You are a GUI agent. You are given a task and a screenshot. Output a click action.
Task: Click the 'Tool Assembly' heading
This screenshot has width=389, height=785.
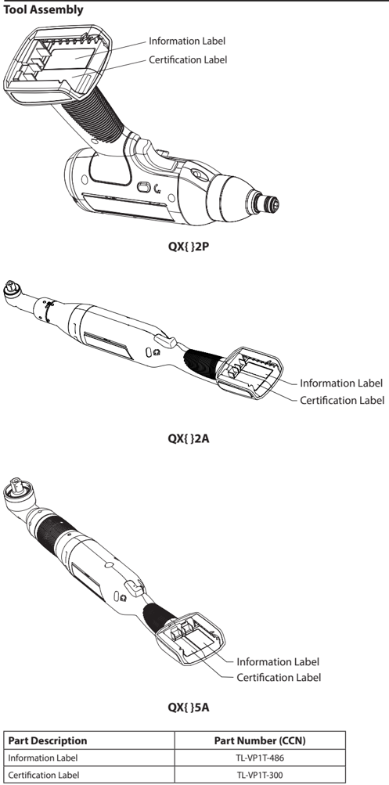[x=43, y=10]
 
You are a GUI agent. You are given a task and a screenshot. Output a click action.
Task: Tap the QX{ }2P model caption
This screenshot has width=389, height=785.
[x=188, y=247]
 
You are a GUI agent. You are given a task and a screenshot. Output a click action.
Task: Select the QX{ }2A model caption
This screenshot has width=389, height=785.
[x=188, y=438]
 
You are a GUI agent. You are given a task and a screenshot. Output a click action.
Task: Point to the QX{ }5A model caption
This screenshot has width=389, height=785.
[x=188, y=708]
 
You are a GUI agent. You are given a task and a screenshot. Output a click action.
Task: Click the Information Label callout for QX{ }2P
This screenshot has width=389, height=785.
[x=187, y=41]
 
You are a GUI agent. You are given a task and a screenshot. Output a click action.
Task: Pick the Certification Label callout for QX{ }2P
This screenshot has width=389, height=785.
[x=188, y=59]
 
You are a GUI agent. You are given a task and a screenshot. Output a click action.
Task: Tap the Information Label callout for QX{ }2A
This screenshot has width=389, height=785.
[x=341, y=383]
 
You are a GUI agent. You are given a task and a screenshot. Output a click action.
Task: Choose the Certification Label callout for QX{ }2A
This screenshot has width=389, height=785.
[x=342, y=401]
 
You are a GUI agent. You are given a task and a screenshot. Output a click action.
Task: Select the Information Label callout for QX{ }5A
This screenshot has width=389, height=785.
[x=278, y=662]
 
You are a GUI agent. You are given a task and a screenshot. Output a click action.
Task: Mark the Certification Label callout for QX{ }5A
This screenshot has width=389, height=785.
[x=279, y=677]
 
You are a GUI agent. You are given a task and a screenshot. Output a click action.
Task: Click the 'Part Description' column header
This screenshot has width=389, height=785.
[x=48, y=740]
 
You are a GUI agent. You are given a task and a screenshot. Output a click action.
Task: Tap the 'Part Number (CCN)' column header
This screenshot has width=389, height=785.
[x=260, y=740]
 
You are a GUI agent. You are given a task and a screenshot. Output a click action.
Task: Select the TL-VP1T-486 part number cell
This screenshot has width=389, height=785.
[x=260, y=758]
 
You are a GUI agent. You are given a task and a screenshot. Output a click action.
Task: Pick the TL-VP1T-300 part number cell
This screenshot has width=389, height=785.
[x=260, y=775]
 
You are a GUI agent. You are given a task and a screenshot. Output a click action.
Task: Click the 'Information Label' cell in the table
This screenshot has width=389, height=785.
[x=42, y=758]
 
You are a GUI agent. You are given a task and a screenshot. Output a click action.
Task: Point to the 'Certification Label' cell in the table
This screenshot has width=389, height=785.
[x=44, y=775]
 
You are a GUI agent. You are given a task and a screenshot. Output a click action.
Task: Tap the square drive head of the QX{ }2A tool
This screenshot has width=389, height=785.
[x=11, y=288]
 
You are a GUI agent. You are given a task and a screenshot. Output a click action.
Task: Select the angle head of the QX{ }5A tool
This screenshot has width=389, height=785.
[x=19, y=495]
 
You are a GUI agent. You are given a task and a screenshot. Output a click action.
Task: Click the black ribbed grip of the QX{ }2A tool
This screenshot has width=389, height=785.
[x=204, y=361]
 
